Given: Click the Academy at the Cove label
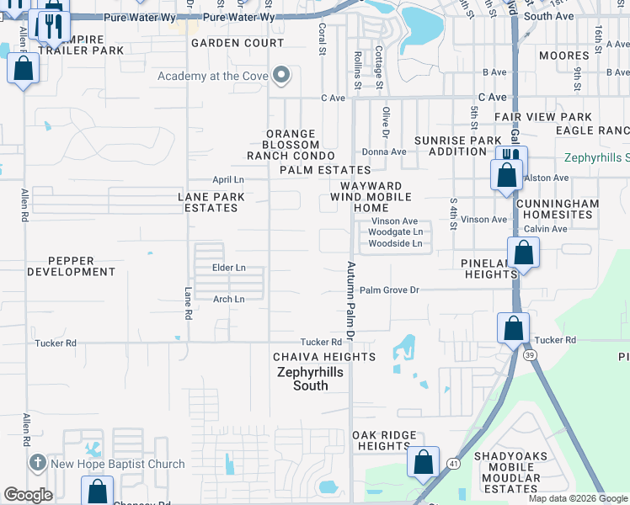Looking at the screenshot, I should pos(212,77).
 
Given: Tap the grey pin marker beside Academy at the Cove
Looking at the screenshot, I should pos(282,77).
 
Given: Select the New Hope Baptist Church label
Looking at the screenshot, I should pos(118,464).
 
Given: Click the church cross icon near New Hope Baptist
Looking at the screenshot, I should pos(36,464).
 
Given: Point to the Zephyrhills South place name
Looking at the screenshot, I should pos(312,378).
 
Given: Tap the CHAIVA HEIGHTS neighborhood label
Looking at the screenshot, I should pos(323,357).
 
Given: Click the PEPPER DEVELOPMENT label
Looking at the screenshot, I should pos(71,266).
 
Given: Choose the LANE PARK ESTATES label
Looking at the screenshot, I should pos(211,202).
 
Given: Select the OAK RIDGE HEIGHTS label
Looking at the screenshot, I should pos(383,440).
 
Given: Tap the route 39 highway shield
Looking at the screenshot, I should pos(529,355).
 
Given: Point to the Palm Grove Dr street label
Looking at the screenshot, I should pos(389,290).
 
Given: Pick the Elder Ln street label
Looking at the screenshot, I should pos(228,268).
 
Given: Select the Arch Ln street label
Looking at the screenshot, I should pos(228,299).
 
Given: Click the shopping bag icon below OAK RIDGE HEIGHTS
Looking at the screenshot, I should pos(423,462).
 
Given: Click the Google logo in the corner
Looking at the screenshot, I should pos(29,495).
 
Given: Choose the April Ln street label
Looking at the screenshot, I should pos(227,180).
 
